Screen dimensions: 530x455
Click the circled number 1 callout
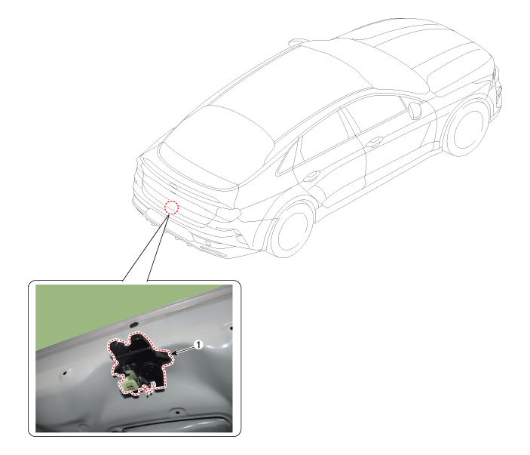click(x=198, y=345)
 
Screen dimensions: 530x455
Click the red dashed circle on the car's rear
click(x=171, y=208)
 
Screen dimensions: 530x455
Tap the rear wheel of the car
click(x=291, y=230)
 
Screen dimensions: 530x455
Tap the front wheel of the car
click(x=467, y=128)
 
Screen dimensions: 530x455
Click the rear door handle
click(x=311, y=176)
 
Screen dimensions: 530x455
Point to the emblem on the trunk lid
click(x=173, y=186)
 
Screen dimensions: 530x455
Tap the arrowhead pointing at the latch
click(x=174, y=353)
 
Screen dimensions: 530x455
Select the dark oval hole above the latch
click(x=134, y=324)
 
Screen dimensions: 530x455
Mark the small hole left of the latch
click(x=64, y=374)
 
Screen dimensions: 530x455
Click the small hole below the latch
click(x=177, y=413)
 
